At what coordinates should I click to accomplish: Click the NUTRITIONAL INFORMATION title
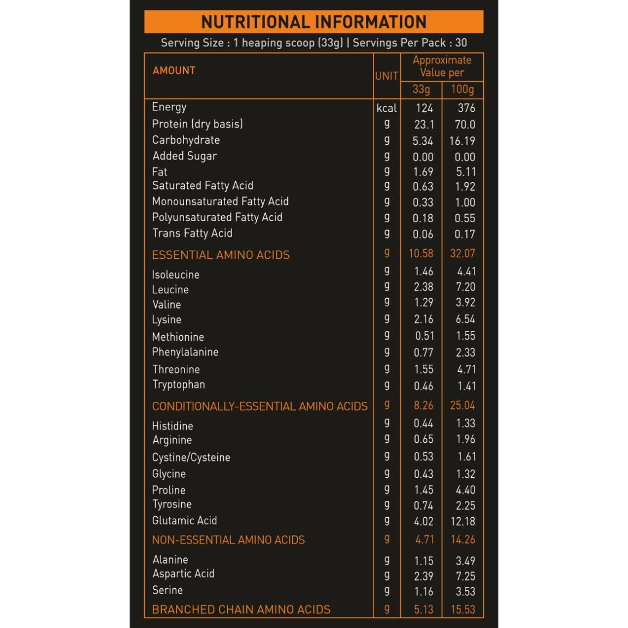[314, 22]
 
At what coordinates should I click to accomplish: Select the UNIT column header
[386, 76]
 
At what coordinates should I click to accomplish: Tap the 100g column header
[462, 89]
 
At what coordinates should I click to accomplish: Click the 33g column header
[421, 89]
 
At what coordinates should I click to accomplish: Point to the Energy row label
[169, 107]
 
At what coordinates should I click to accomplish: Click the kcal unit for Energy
[387, 108]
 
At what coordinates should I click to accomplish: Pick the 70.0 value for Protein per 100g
[465, 125]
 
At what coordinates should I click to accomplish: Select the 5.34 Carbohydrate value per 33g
[423, 141]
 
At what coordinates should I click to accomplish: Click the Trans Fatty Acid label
[192, 233]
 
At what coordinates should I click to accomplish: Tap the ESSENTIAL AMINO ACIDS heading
[221, 255]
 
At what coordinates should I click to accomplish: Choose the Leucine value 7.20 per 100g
[465, 287]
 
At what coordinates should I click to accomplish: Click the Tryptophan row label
[179, 384]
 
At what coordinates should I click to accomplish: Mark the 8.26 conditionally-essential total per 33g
[423, 406]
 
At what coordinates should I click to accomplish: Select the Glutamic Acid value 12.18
[463, 522]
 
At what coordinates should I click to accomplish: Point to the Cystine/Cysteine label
[191, 458]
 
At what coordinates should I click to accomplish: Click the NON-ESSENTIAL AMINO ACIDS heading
[228, 540]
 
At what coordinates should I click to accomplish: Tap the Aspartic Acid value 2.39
[423, 576]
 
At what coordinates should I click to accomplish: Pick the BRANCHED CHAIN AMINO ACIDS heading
[241, 609]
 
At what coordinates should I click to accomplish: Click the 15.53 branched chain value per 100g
[463, 609]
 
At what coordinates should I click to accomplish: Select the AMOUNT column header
[174, 70]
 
